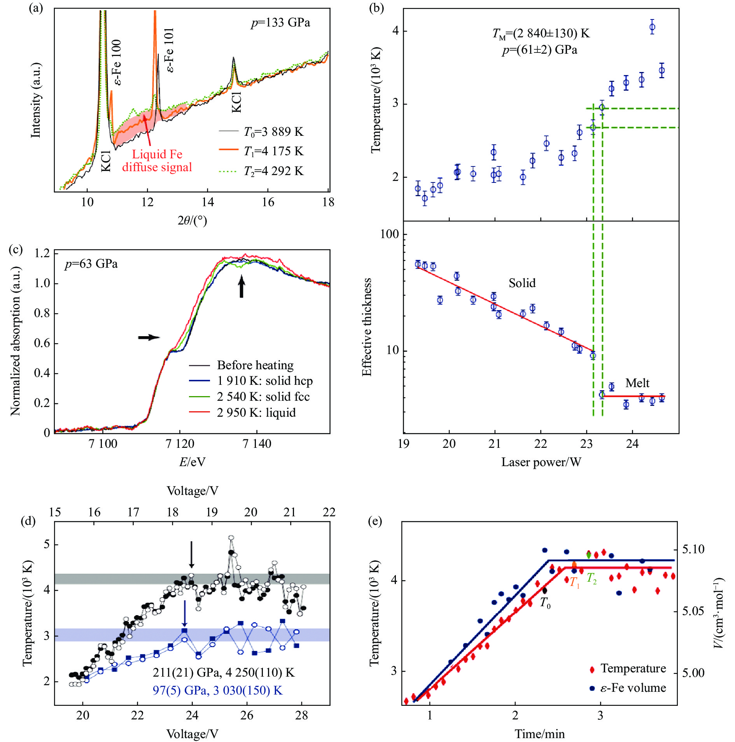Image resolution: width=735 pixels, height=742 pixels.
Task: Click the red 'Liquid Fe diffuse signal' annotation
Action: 157,161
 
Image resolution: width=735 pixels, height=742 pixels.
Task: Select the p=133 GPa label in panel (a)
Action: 280,23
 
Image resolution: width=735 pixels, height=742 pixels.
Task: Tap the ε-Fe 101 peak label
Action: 170,50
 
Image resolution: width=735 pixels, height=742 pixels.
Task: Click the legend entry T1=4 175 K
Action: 273,151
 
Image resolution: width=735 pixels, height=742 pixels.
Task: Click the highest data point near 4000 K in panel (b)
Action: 652,27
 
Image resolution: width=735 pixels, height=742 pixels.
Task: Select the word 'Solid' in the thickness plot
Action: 522,283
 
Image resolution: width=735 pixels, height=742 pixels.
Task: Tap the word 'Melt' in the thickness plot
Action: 637,383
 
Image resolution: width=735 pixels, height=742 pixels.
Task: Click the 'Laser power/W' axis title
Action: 541,462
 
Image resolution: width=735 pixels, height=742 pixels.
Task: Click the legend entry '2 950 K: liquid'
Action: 256,412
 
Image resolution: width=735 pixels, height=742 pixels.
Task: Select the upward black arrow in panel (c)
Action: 241,286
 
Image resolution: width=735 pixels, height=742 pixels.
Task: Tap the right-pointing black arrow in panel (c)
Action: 149,337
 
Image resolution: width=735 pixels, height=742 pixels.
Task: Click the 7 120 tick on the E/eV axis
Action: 180,444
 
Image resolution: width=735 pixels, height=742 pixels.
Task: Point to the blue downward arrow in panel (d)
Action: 185,613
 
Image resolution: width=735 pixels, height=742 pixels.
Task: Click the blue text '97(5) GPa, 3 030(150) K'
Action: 217,690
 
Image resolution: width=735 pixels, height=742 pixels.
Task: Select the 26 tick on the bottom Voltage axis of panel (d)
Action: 247,715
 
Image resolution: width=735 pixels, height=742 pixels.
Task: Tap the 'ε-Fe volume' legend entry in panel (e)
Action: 633,688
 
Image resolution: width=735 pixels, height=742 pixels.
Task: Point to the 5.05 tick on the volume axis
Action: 693,611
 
